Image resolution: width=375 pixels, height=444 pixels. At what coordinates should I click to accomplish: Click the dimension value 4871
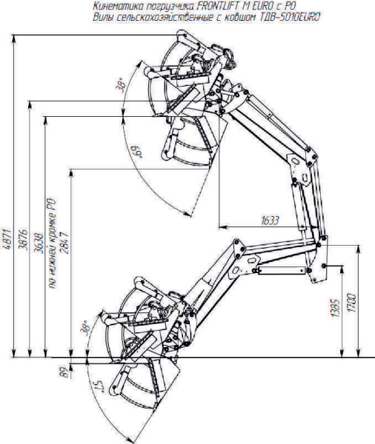tap(7, 240)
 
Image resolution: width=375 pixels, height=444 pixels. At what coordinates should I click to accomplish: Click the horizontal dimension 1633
tap(270, 221)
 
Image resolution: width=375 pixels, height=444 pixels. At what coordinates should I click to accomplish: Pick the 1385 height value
tap(336, 308)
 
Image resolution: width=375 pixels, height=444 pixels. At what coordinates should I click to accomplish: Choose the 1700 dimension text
tap(352, 303)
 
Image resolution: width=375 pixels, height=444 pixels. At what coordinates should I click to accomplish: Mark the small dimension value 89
tap(65, 372)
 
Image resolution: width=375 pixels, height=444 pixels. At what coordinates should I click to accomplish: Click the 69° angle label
tap(137, 152)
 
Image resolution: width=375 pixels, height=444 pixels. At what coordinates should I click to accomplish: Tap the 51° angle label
tap(99, 386)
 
